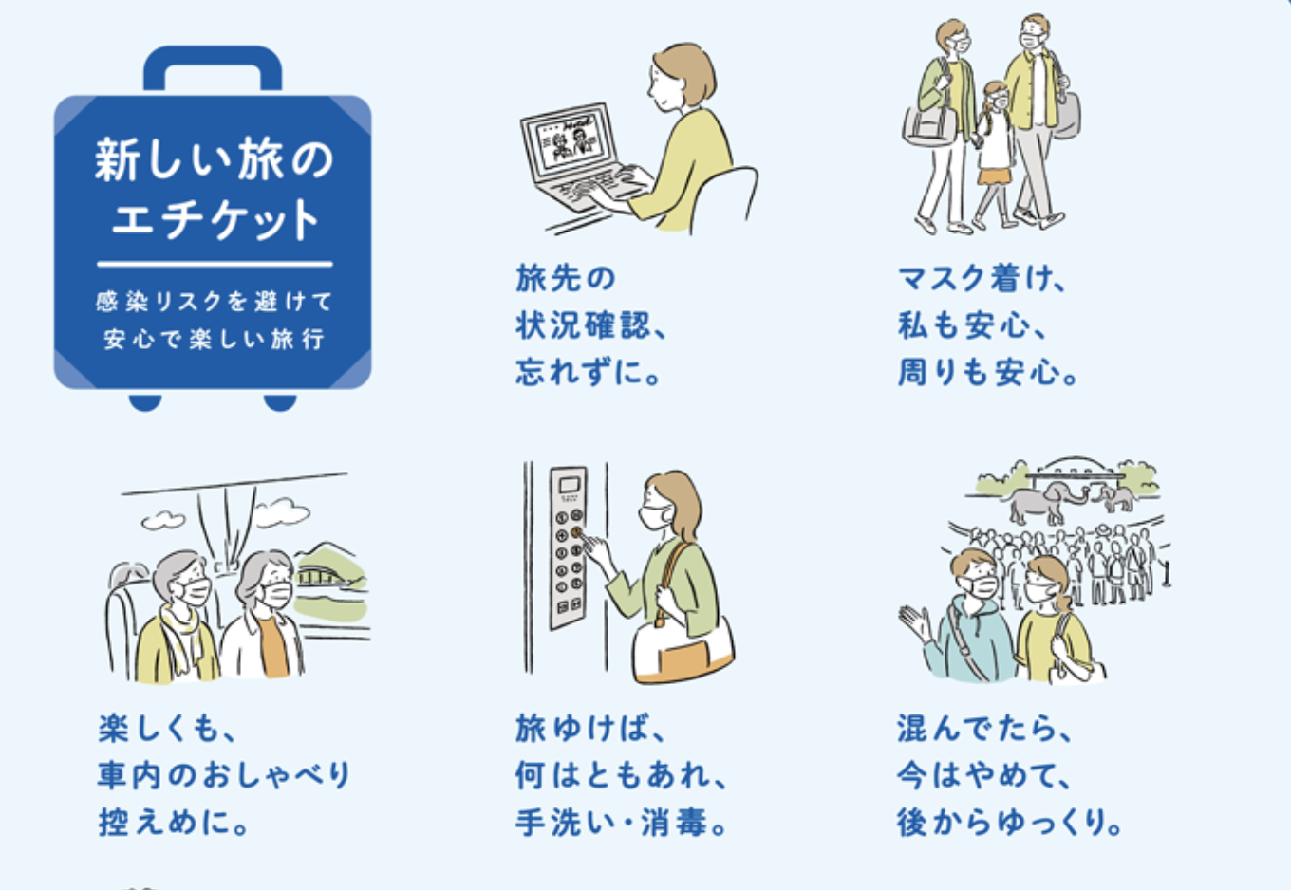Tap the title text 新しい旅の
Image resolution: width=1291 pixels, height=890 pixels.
point(214,159)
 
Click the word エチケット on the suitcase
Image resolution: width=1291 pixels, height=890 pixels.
point(215,219)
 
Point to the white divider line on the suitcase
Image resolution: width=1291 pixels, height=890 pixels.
point(215,265)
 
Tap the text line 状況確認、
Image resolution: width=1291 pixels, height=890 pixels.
point(590,325)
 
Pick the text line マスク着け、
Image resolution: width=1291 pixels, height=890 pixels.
point(983,279)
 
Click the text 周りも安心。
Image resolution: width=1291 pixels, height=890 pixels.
point(988,372)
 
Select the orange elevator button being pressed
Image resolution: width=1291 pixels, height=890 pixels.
point(576,532)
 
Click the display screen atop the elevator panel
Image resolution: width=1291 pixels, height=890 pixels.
point(569,485)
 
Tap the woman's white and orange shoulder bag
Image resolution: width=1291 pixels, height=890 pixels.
point(683,650)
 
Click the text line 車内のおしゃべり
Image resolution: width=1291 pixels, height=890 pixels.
point(224,775)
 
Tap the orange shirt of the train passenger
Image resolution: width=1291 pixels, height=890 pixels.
point(272,646)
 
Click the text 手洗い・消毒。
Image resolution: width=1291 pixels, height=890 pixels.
point(621,823)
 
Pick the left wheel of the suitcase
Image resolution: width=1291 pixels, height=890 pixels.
point(144,401)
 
